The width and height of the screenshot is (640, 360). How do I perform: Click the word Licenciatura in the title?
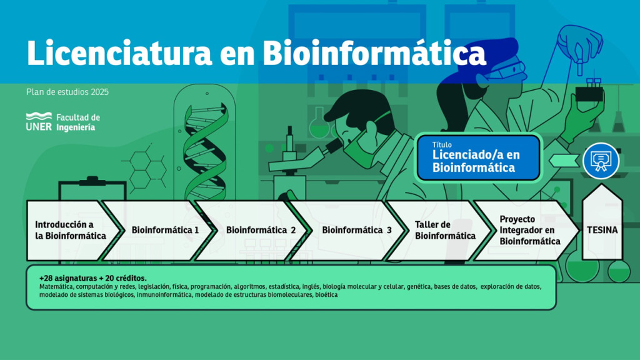[119, 52]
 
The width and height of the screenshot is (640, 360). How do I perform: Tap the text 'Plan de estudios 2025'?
[67, 92]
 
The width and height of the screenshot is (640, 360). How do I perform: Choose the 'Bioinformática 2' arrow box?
[256, 230]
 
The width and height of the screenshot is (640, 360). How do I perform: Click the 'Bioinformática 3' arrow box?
[352, 230]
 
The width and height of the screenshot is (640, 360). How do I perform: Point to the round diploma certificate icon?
[601, 161]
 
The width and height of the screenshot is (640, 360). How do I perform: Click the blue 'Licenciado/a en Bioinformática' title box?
[478, 157]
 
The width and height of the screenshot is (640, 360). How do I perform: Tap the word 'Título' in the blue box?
[442, 144]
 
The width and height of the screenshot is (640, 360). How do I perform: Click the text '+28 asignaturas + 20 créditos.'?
[92, 278]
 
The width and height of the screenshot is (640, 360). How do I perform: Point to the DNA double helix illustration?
[204, 152]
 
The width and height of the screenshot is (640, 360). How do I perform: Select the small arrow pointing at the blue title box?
[564, 161]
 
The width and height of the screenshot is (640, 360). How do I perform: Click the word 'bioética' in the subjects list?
[326, 295]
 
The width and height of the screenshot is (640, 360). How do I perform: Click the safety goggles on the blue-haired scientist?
[506, 70]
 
